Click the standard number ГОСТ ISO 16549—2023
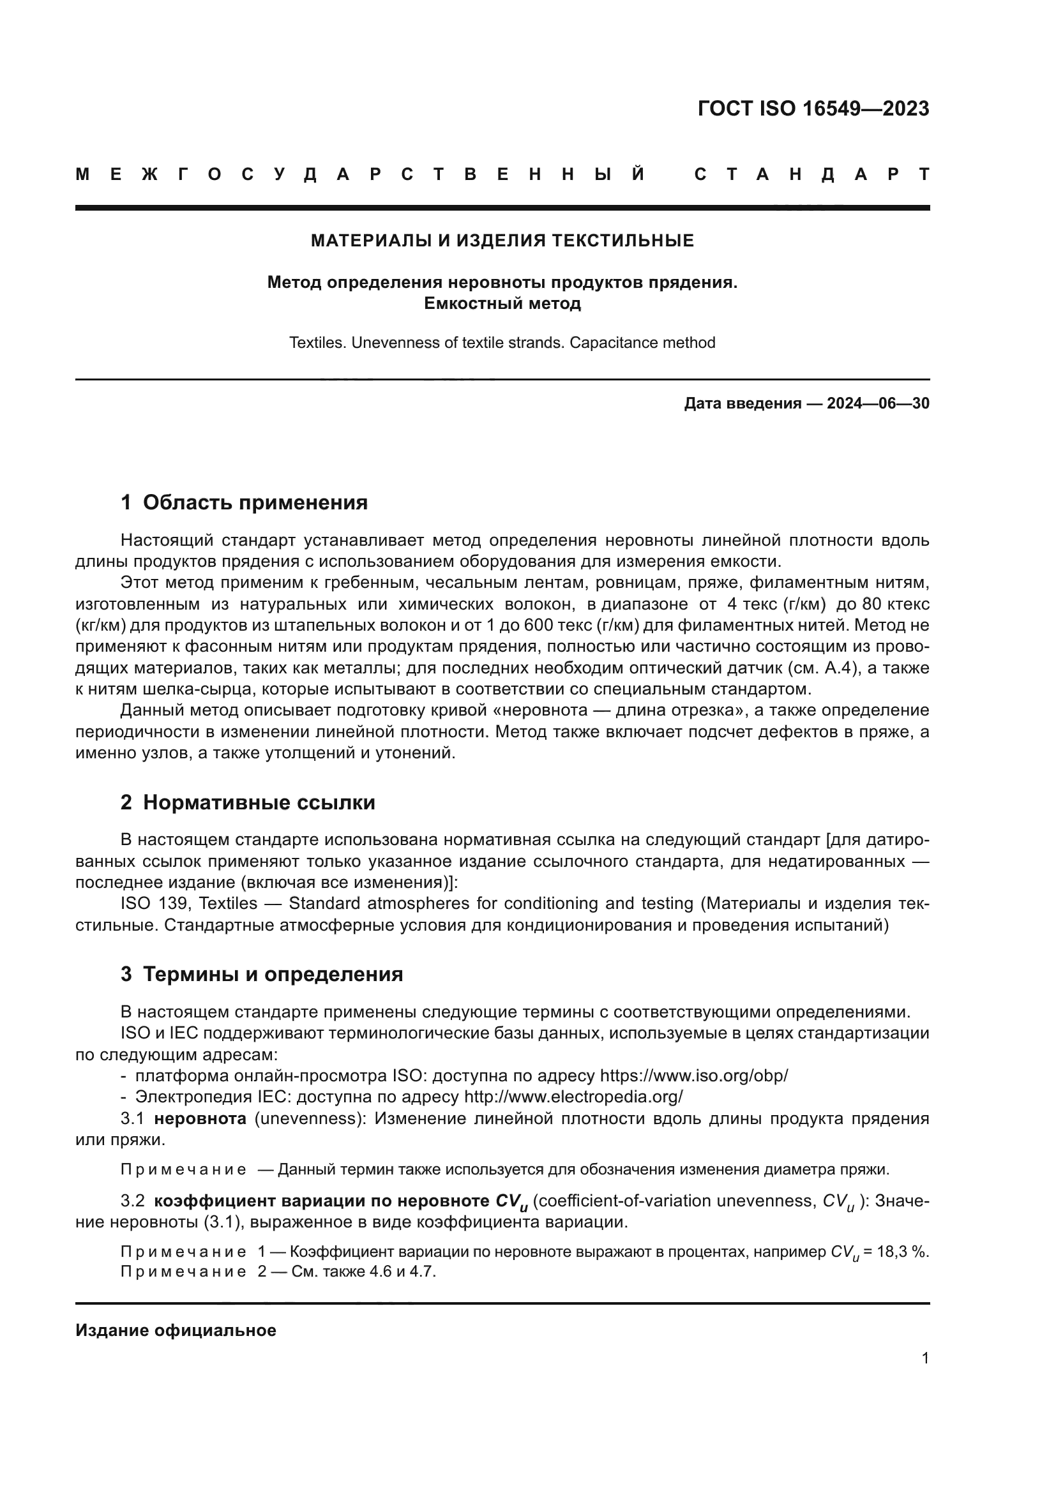813,109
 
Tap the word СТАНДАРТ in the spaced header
812,174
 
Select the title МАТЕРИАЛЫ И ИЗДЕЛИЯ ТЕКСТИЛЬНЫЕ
502,241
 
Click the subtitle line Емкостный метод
502,303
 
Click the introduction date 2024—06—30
878,403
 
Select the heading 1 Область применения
244,502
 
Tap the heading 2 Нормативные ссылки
248,802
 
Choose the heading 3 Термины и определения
261,974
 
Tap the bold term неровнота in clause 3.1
200,1118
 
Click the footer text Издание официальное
176,1330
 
